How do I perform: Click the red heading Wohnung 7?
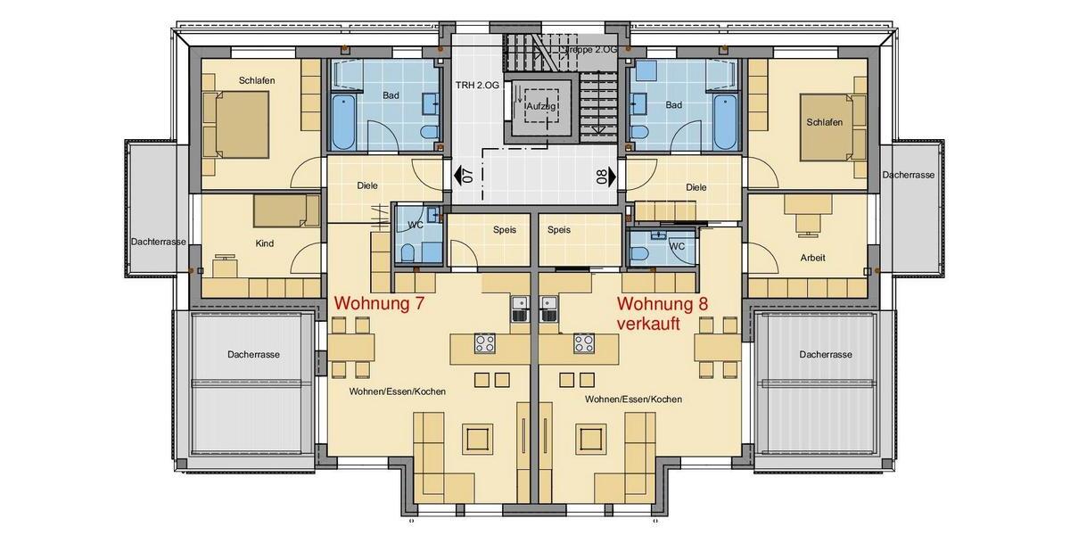point(378,304)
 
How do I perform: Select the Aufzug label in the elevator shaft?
point(541,106)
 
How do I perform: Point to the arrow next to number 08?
point(612,175)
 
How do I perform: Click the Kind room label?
point(264,243)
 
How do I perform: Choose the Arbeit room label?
point(812,258)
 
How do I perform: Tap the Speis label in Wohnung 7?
point(505,229)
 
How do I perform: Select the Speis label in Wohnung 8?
point(559,229)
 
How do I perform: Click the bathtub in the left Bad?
point(343,122)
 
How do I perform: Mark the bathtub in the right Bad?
point(726,122)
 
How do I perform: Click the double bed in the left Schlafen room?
point(235,124)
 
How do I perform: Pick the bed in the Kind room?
point(285,211)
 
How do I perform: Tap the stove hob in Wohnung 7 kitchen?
point(484,342)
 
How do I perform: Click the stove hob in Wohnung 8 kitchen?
point(585,342)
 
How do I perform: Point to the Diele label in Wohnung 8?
point(696,187)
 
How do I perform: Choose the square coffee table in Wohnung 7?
point(475,438)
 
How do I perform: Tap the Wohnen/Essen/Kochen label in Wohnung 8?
point(633,399)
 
